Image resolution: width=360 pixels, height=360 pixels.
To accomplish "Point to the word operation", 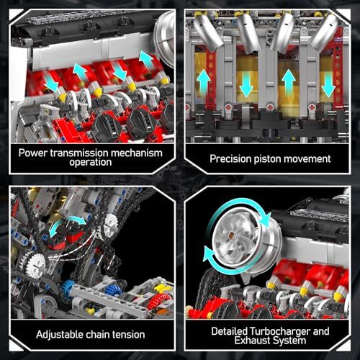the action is tap(91, 163).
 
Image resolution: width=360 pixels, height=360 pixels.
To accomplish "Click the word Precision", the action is tap(230, 159).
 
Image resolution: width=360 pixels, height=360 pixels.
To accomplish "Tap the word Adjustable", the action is tap(60, 335).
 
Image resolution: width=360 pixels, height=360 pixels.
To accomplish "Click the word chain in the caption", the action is tap(98, 334).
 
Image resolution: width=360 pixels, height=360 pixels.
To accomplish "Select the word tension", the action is tap(129, 335).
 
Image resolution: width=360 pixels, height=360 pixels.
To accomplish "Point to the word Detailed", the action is tap(229, 331).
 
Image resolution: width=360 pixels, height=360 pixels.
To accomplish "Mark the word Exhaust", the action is tap(252, 341).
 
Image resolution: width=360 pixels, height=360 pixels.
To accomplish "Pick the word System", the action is tap(289, 341).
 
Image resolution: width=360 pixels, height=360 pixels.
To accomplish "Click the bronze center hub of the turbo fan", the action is tap(232, 234).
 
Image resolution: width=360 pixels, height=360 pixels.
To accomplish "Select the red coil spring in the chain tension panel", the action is tap(158, 300).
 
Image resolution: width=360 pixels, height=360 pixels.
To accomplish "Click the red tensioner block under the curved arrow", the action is tap(66, 236).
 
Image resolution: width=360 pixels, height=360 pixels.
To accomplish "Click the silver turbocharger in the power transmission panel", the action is tap(165, 38).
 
